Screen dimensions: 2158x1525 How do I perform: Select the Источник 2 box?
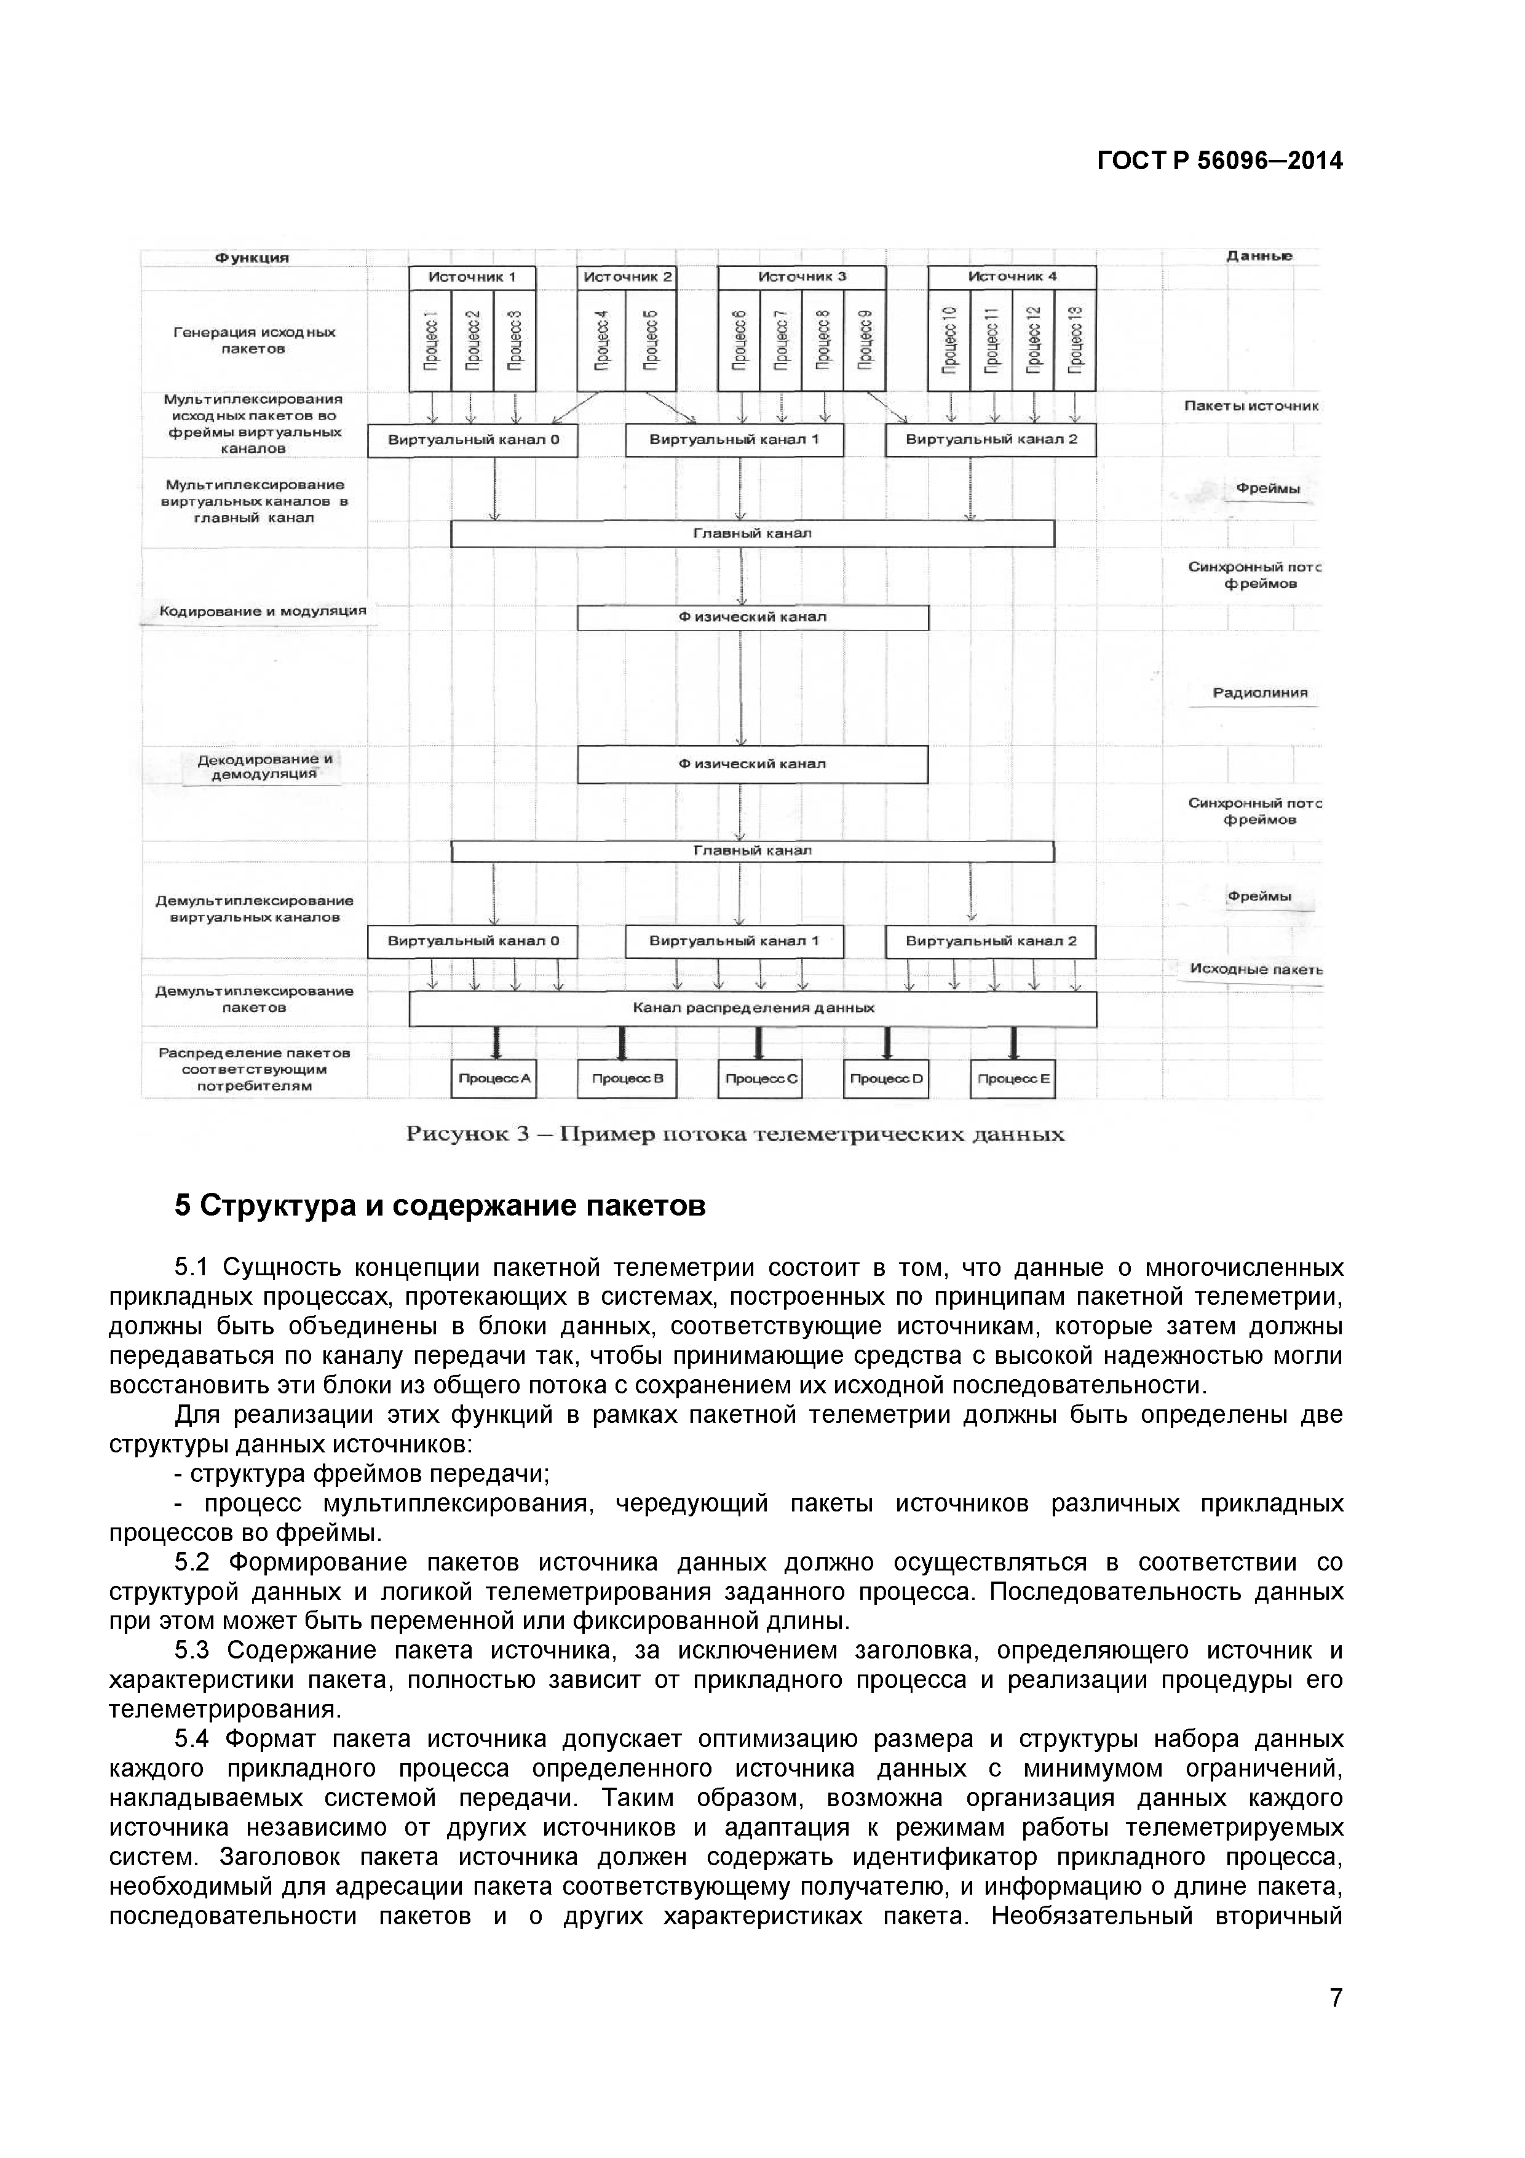(627, 276)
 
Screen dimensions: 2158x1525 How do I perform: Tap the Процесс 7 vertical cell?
(781, 340)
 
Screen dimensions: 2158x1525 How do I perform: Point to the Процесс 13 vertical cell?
(1075, 340)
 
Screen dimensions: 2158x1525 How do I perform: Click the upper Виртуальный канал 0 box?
(473, 440)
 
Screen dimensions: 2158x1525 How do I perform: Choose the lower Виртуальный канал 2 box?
(991, 941)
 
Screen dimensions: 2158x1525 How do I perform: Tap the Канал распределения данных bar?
(753, 1008)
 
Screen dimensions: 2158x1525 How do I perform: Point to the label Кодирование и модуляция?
(262, 611)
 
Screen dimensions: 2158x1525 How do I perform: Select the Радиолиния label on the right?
(1259, 693)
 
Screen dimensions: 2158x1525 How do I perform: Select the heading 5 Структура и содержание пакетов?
(440, 1206)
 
